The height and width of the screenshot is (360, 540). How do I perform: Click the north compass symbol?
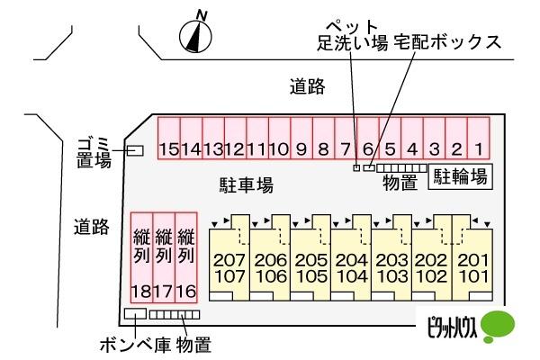pyautogui.click(x=195, y=36)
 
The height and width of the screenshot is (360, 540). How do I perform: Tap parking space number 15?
pyautogui.click(x=169, y=138)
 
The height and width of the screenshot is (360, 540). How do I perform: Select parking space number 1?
pyautogui.click(x=479, y=138)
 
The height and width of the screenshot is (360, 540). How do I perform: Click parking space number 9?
pyautogui.click(x=301, y=138)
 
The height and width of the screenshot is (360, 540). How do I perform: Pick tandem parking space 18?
pyautogui.click(x=141, y=257)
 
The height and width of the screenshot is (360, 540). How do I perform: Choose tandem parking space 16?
pyautogui.click(x=186, y=257)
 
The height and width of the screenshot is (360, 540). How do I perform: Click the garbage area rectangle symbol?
pyautogui.click(x=135, y=150)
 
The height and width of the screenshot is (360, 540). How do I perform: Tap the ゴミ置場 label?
pyautogui.click(x=94, y=153)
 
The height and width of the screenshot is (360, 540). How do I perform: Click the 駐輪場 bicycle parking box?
pyautogui.click(x=461, y=176)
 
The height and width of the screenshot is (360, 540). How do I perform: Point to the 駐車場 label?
pyautogui.click(x=247, y=184)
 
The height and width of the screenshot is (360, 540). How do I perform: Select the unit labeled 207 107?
pyautogui.click(x=229, y=257)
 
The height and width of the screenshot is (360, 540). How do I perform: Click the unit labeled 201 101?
pyautogui.click(x=472, y=257)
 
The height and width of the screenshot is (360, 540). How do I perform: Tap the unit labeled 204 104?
pyautogui.click(x=351, y=257)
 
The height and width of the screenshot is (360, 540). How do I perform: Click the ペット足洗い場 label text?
pyautogui.click(x=352, y=35)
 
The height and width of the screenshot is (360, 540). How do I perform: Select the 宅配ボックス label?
pyautogui.click(x=447, y=42)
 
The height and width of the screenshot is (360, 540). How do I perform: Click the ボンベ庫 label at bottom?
pyautogui.click(x=135, y=345)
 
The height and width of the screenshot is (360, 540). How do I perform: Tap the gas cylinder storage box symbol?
pyautogui.click(x=135, y=313)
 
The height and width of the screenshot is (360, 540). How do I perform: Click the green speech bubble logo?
pyautogui.click(x=498, y=326)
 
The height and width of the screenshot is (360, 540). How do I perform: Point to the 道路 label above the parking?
pyautogui.click(x=307, y=86)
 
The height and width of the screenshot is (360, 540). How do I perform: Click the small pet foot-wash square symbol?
pyautogui.click(x=356, y=167)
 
